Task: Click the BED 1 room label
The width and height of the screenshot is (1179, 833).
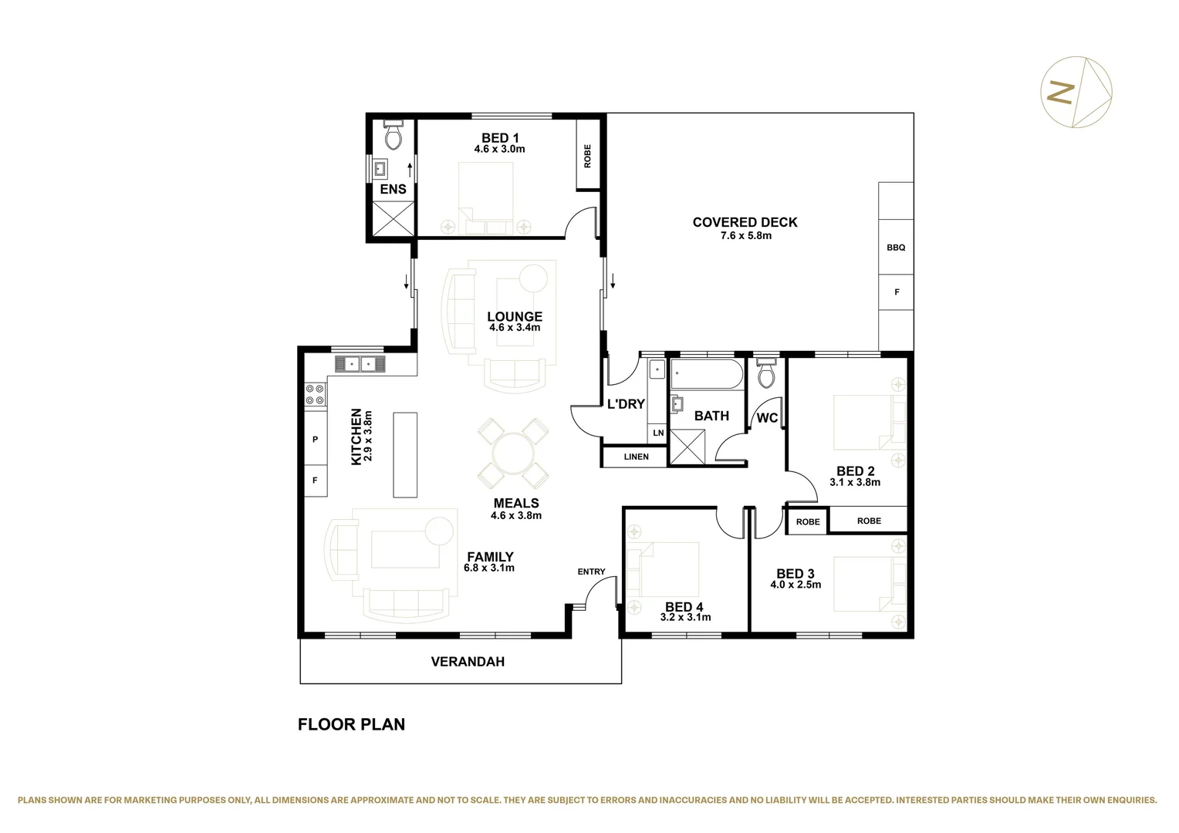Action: point(499,138)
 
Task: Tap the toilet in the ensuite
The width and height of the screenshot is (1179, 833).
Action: point(393,136)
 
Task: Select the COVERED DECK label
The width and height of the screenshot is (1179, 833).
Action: point(745,222)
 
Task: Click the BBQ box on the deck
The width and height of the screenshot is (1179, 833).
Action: point(896,248)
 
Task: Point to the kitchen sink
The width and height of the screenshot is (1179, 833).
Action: point(360,363)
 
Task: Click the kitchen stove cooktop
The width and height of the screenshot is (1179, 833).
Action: point(315,394)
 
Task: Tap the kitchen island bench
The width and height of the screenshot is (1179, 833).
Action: point(405,455)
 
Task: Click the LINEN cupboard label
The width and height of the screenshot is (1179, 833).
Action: point(636,457)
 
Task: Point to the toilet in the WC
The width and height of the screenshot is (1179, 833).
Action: point(766,375)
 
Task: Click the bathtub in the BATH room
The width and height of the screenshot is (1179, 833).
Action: point(706,375)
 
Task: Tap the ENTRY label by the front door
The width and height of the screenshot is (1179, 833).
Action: point(591,572)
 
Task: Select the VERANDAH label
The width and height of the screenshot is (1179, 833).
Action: point(468,662)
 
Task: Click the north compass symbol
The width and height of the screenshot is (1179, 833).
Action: point(1076,92)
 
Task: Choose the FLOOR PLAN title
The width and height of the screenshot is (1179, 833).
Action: point(351,724)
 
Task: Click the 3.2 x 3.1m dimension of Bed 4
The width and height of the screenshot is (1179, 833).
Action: point(685,617)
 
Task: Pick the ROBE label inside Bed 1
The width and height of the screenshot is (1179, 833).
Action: point(587,156)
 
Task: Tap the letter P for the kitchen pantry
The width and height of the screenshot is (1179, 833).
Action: point(315,440)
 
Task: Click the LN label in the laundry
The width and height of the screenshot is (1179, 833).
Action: point(658,433)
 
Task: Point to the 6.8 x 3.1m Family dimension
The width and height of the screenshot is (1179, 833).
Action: point(488,568)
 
